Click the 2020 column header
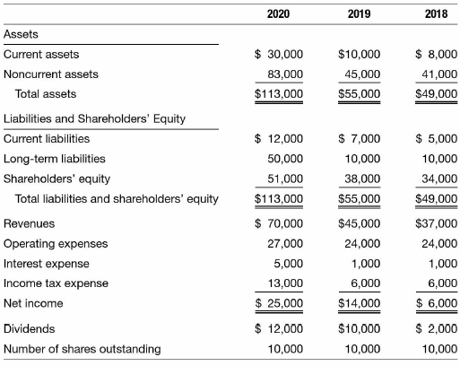(x=278, y=14)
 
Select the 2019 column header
(x=359, y=14)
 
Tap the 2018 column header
(x=437, y=14)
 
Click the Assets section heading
(x=21, y=34)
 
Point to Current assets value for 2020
(x=279, y=55)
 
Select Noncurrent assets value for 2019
(x=362, y=74)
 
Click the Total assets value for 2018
(x=437, y=94)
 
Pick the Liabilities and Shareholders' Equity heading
(x=94, y=119)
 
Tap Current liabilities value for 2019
(x=360, y=139)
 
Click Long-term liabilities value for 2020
(x=285, y=159)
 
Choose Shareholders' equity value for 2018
(x=439, y=179)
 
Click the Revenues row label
(x=29, y=223)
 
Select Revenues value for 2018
(x=437, y=223)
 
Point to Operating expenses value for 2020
(x=285, y=244)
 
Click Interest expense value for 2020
(x=289, y=264)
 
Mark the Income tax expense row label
(x=56, y=283)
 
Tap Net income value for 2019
(x=360, y=303)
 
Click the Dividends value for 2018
(x=437, y=329)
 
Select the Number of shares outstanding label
(x=82, y=349)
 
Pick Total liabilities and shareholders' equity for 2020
(x=279, y=199)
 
